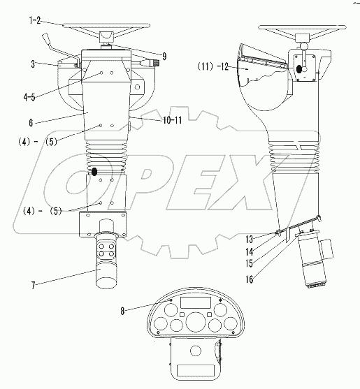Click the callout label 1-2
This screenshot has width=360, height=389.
point(35,20)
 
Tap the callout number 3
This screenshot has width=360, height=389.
point(33,64)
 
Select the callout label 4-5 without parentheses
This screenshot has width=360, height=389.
point(29,97)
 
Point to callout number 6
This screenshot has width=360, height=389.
point(31,122)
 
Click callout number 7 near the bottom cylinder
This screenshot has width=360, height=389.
point(34,286)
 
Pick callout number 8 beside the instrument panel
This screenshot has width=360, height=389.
point(122,311)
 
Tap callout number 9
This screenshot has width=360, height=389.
point(164,57)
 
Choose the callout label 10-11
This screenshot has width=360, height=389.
point(172,120)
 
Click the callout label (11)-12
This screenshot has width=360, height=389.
point(213,66)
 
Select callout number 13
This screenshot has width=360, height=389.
point(250,240)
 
